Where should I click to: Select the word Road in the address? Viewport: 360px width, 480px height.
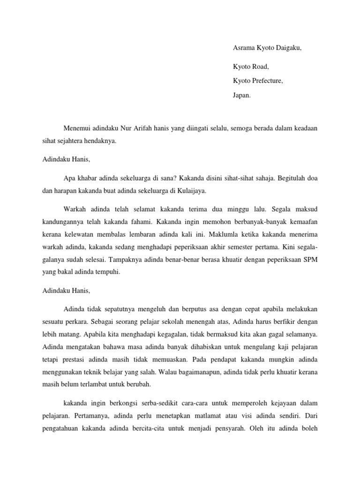tap(260, 67)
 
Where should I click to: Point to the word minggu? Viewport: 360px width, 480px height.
tap(231, 208)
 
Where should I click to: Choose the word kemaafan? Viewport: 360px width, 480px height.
tap(304, 220)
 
